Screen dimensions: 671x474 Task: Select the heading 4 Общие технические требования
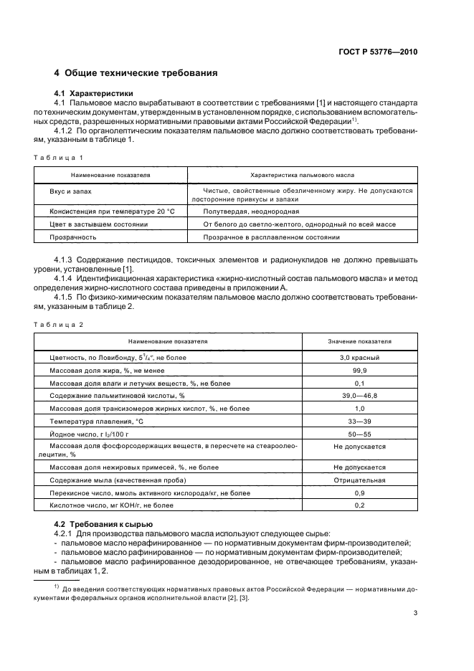tap(136, 73)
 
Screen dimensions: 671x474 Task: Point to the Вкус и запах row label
tap(70, 191)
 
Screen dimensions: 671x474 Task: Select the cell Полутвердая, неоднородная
tap(251, 212)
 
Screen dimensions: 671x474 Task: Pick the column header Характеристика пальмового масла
tap(302, 174)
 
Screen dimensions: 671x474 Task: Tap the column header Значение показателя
tap(359, 342)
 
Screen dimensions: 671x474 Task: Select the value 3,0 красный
tap(359, 357)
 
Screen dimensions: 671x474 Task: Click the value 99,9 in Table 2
tap(359, 370)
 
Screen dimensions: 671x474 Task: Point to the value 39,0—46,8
tap(359, 396)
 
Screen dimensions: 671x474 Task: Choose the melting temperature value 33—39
tap(359, 421)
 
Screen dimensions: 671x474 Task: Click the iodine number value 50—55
tap(359, 434)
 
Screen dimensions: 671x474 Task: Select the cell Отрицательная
tap(359, 480)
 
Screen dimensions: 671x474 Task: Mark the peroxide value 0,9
tap(359, 493)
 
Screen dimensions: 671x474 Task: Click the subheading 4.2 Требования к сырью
tap(103, 525)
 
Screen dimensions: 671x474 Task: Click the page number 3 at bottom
tap(415, 613)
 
